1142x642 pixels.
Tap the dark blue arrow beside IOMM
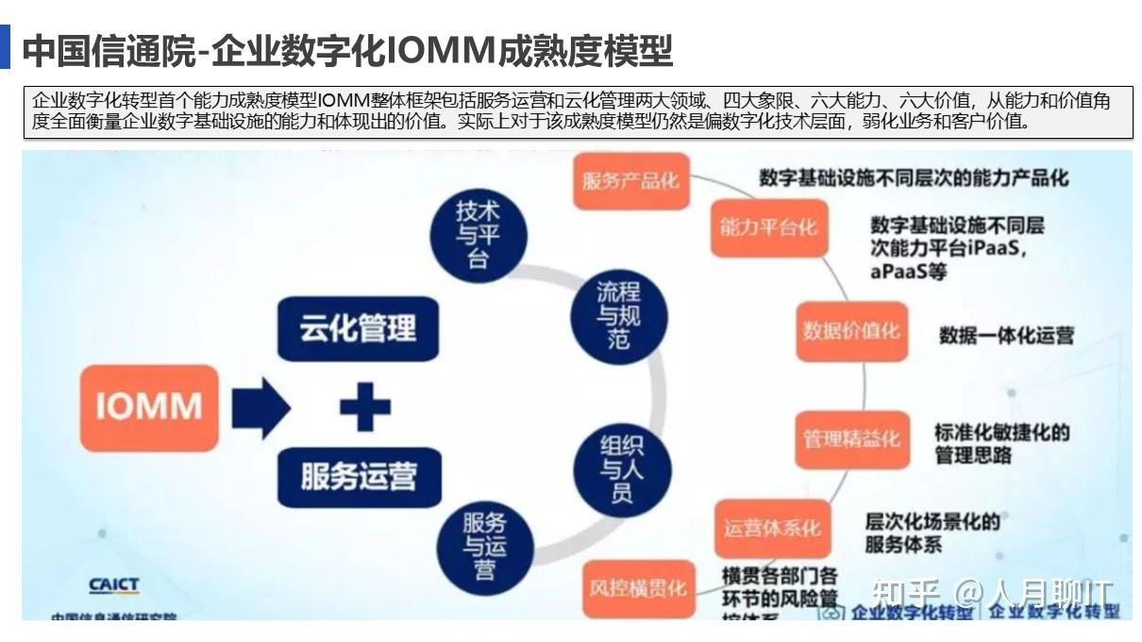point(260,407)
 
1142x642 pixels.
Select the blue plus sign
point(364,408)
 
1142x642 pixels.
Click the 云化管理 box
point(358,329)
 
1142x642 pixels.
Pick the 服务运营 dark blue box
point(359,476)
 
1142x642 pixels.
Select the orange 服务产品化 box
point(630,180)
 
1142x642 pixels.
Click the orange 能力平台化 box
point(768,228)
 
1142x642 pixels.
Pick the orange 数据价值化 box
point(851,331)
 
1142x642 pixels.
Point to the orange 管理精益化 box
point(851,439)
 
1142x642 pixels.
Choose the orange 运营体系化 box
point(772,528)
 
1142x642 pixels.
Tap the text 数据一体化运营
point(1006,335)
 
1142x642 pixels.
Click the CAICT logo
point(113,586)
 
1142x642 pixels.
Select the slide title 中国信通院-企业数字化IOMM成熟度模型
point(347,51)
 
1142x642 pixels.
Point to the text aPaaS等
point(908,272)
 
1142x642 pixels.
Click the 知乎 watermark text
point(904,592)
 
